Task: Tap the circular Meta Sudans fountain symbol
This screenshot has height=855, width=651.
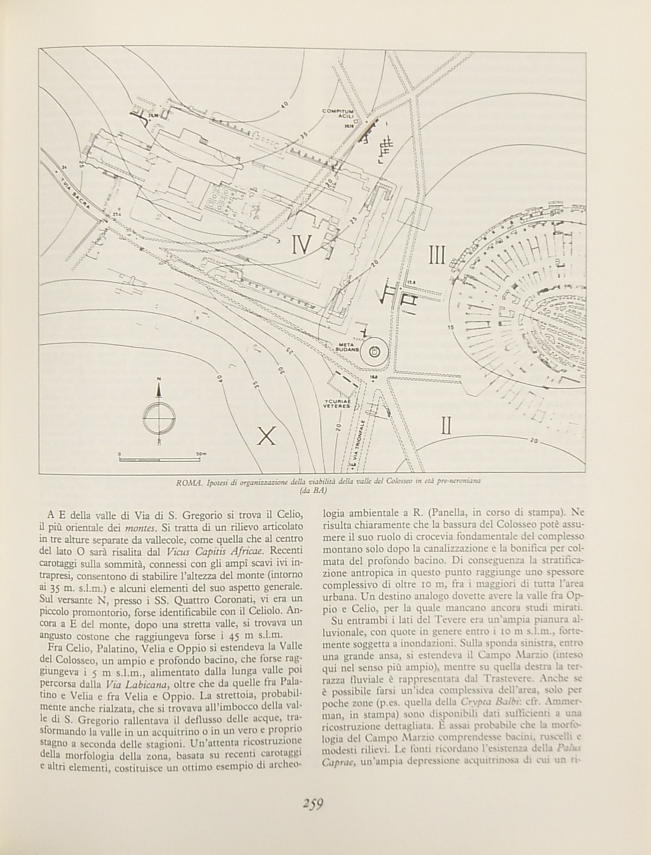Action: [x=374, y=352]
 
